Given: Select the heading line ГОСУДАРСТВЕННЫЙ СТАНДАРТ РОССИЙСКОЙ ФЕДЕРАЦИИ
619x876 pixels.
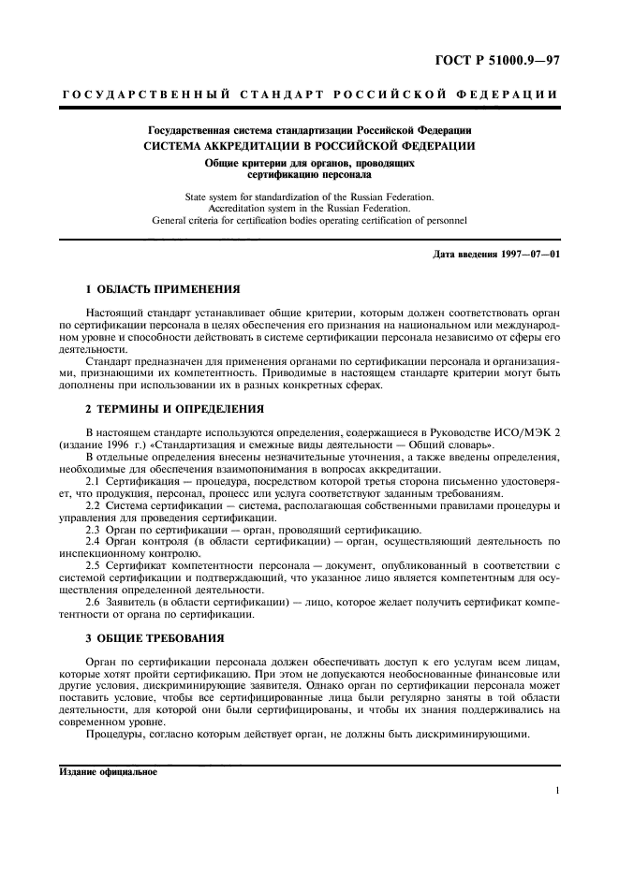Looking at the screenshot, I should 309,95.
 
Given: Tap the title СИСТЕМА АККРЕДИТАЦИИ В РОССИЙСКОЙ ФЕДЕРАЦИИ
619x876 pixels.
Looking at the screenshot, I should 309,146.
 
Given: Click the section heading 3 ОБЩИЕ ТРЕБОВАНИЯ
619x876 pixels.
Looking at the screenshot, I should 155,637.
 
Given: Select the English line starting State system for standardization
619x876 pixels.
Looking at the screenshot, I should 309,197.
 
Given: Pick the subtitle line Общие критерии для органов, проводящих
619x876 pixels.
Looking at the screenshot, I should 309,163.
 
